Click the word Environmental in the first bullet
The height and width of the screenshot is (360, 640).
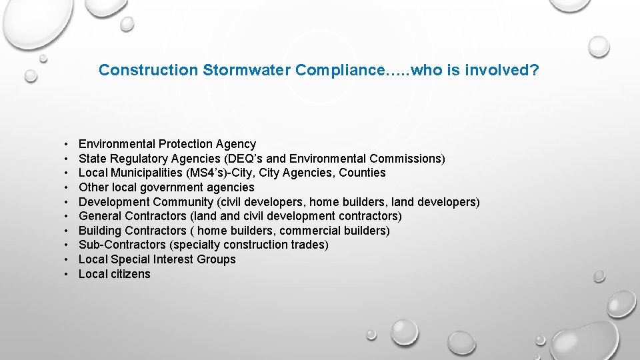click(x=117, y=144)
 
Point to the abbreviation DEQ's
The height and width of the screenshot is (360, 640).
click(x=245, y=159)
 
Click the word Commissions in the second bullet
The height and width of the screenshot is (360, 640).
click(x=408, y=159)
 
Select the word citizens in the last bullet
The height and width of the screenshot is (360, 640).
click(x=129, y=274)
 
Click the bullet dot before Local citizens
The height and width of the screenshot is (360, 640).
click(x=67, y=274)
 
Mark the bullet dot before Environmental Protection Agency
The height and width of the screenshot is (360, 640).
click(x=67, y=144)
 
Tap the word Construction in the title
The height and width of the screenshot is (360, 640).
click(x=148, y=70)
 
